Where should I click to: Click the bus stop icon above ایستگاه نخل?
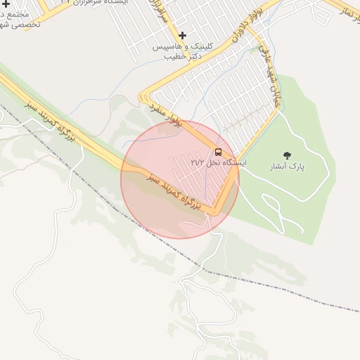[x=218, y=152]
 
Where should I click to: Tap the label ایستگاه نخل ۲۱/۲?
[x=219, y=162]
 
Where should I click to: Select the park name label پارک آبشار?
[x=286, y=167]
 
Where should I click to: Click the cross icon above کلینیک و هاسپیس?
[x=183, y=35]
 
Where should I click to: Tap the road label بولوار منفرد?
[x=165, y=113]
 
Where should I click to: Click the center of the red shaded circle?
[x=180, y=180]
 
